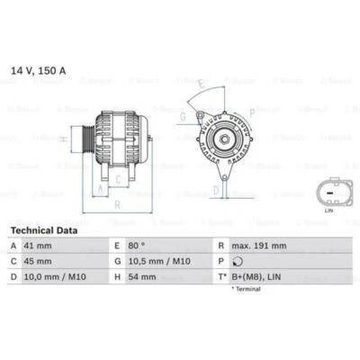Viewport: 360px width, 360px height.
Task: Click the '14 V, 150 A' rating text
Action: [x=37, y=69]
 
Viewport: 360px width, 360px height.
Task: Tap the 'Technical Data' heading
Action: [x=43, y=230]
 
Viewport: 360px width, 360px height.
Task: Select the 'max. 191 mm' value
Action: [x=259, y=246]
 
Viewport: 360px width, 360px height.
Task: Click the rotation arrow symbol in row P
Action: [x=236, y=262]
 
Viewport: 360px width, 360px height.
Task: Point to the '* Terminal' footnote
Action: [x=247, y=289]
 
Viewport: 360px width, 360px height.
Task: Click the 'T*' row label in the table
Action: [x=220, y=277]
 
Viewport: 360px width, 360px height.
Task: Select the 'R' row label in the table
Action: [x=220, y=246]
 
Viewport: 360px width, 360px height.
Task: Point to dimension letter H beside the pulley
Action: [x=61, y=139]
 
